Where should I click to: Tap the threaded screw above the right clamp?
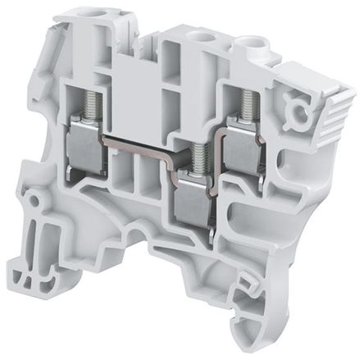(x=243, y=103)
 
